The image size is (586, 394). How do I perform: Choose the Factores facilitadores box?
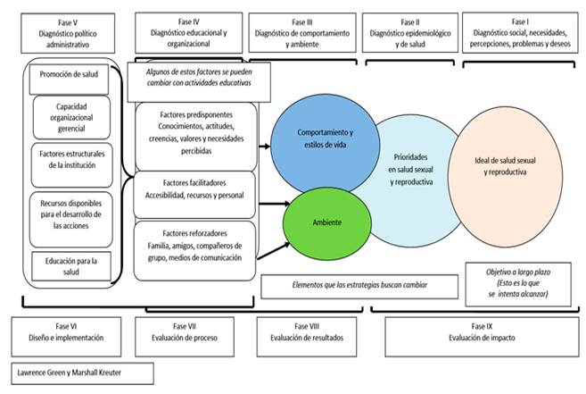click(195, 194)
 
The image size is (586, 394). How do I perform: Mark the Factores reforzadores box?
click(195, 247)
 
